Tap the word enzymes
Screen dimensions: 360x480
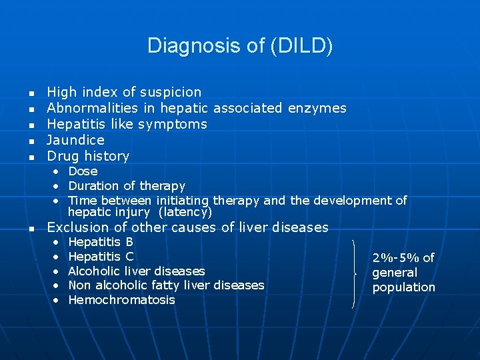317,108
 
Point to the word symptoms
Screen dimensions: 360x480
174,124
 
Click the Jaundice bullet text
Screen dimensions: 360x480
75,140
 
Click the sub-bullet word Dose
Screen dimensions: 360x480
83,171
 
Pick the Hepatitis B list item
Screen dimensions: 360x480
101,242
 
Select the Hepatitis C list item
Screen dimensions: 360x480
101,257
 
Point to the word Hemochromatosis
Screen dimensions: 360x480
121,300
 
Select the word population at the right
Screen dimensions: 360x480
403,287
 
